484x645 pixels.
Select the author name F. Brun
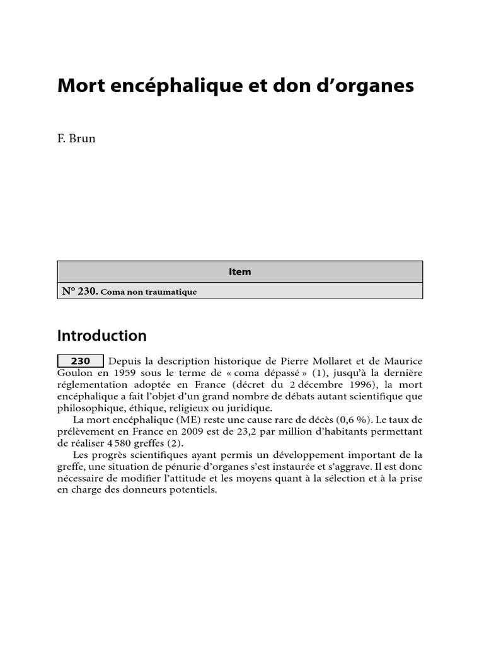76,139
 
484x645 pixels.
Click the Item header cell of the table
239,272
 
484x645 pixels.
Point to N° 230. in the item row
79,292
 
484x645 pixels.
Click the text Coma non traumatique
149,292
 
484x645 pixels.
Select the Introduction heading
101,336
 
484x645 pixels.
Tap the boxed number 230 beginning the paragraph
81,362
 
